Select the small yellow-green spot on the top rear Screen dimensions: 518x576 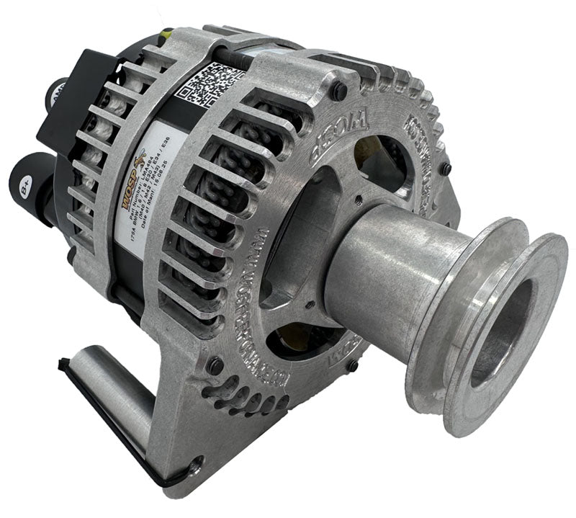pos(168,34)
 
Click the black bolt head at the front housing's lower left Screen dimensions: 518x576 pos(215,365)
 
